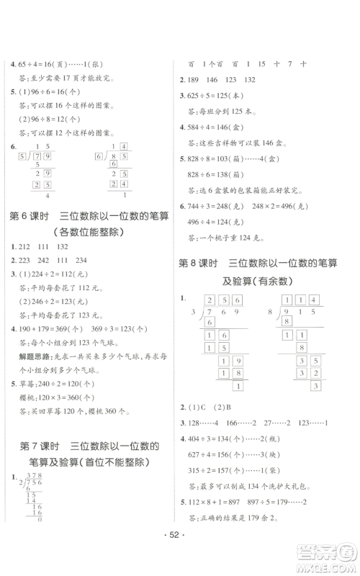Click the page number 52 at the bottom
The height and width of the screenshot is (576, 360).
(x=180, y=558)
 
